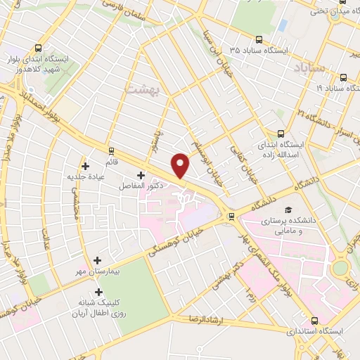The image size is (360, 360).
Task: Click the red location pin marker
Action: tap(181, 165)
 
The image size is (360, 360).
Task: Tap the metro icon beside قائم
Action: tap(110, 150)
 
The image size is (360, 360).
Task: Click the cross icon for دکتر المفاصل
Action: tap(141, 175)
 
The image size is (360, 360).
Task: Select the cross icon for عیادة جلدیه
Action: tap(86, 167)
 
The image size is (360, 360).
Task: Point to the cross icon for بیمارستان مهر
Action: tap(98, 260)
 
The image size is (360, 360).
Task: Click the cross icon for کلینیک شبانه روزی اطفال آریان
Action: tap(98, 292)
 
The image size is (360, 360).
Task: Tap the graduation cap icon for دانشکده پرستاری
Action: tap(288, 210)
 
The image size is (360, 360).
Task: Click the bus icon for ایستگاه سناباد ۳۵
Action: tap(260, 40)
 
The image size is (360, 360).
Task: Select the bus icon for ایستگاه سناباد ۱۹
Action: tap(342, 78)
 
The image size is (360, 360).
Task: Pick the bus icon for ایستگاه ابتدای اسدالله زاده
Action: tap(281, 133)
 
